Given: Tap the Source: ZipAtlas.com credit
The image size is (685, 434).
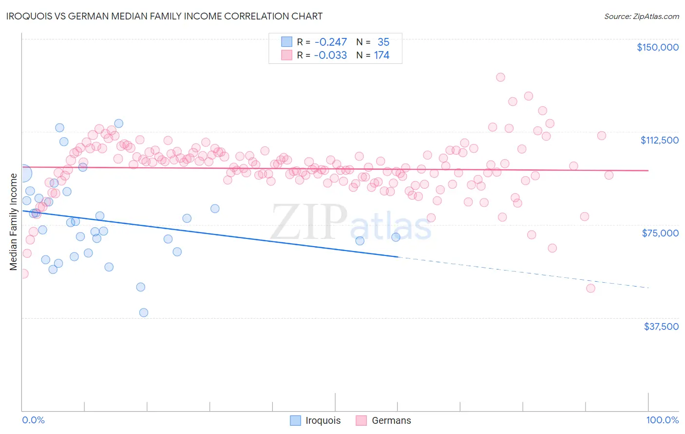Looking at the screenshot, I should pos(641,17).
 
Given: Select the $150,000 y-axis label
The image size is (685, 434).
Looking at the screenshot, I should pos(657,47).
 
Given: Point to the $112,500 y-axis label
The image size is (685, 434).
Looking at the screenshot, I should pos(659,140).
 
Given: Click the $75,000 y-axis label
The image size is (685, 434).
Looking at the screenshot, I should pos(660,233).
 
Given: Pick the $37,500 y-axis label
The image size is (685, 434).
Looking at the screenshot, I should pos(661,326).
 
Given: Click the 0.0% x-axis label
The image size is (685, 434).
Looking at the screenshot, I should pos(33,420).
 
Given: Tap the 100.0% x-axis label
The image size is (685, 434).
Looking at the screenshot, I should pos(662,420).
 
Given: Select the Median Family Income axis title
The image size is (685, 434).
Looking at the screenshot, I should pos(14,221).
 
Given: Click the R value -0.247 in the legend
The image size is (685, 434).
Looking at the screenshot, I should pos(330,42).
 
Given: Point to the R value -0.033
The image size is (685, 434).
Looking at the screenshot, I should pos(330,55).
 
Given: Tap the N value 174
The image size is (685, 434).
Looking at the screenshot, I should pos(381,55).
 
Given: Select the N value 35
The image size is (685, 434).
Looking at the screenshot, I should pos(383,42).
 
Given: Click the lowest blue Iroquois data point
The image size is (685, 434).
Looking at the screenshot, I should pos(144,313).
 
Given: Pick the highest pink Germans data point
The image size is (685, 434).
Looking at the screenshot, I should pos(500,77).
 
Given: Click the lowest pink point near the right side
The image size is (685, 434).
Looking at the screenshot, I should pos(590,289).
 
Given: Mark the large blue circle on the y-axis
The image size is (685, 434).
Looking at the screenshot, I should pos(23,173).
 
